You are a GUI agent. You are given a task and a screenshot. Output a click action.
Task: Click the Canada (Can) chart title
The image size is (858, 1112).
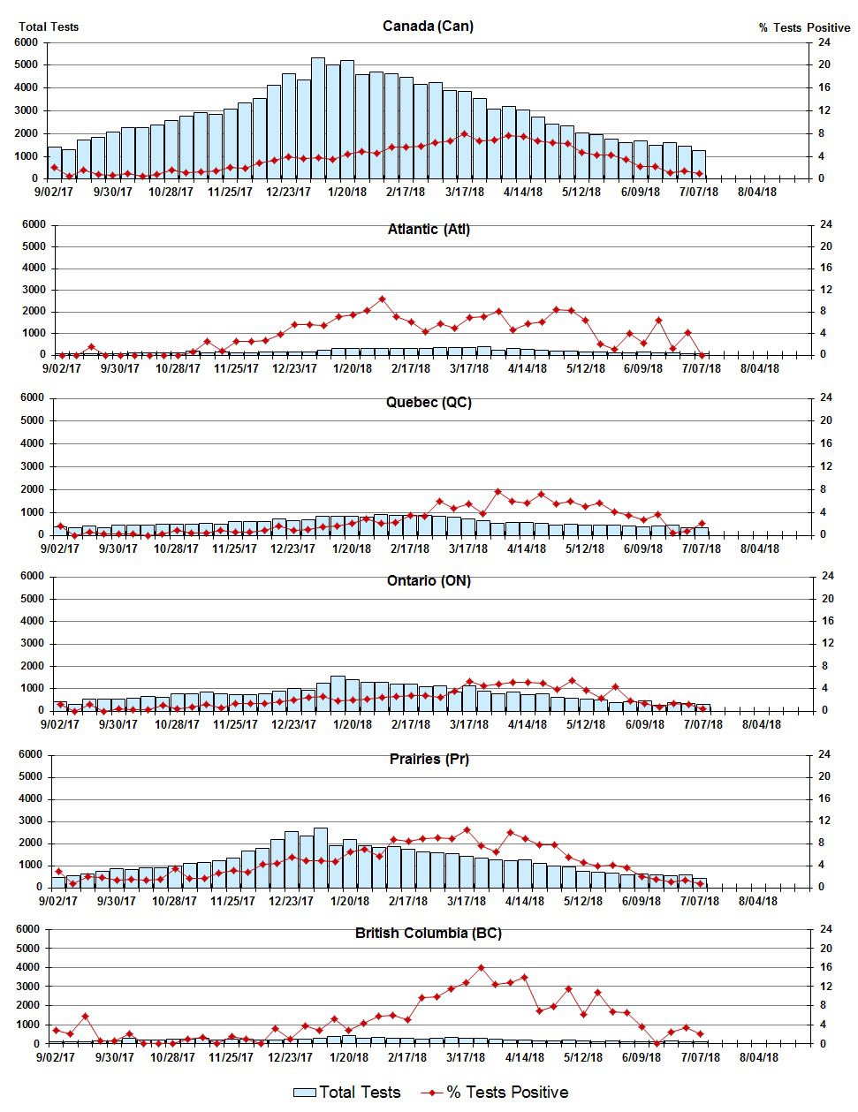(428, 26)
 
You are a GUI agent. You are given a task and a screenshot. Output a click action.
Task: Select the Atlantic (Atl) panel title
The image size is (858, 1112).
(429, 230)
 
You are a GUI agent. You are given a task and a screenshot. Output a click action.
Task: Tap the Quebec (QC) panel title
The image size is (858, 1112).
(429, 403)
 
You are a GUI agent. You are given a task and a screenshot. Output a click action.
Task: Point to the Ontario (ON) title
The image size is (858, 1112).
(429, 581)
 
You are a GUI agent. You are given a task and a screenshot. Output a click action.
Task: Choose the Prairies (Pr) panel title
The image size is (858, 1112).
(429, 760)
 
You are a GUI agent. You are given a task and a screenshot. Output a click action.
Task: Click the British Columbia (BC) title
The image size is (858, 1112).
(429, 934)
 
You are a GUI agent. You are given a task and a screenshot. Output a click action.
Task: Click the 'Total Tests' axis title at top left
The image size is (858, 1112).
(49, 26)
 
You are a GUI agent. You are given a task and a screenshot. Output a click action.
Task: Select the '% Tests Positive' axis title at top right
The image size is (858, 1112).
(804, 27)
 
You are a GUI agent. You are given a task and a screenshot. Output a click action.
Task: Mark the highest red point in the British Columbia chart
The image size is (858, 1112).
(482, 968)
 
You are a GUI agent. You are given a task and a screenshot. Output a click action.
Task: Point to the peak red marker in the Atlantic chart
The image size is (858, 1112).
(382, 299)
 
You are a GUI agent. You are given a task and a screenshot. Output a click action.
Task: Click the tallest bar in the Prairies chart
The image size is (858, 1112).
(321, 857)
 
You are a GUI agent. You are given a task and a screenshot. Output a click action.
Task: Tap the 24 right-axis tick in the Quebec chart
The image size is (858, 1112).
(827, 397)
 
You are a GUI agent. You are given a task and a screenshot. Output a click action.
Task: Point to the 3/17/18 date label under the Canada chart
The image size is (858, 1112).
(464, 192)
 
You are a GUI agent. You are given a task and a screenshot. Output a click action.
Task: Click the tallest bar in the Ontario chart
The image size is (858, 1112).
(338, 693)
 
